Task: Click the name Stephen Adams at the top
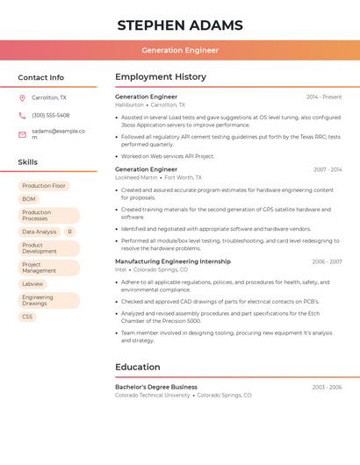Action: point(180,25)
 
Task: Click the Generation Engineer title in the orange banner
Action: point(180,50)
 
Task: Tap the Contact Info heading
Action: point(40,77)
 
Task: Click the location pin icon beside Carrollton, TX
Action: point(22,97)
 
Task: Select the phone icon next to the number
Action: point(22,115)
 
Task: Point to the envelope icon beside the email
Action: point(22,134)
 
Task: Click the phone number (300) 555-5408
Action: point(51,115)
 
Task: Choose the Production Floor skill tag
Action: point(44,186)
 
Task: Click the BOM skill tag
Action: point(29,199)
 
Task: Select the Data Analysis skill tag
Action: point(40,232)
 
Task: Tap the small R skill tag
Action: point(69,232)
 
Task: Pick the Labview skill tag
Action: point(32,284)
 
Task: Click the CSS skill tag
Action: point(27,317)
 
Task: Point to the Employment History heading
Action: point(161,77)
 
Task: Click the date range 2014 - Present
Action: point(324,97)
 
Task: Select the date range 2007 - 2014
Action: point(328,169)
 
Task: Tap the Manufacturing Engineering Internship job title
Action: point(173,261)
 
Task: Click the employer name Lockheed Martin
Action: point(136,177)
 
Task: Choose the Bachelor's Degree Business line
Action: point(156,387)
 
